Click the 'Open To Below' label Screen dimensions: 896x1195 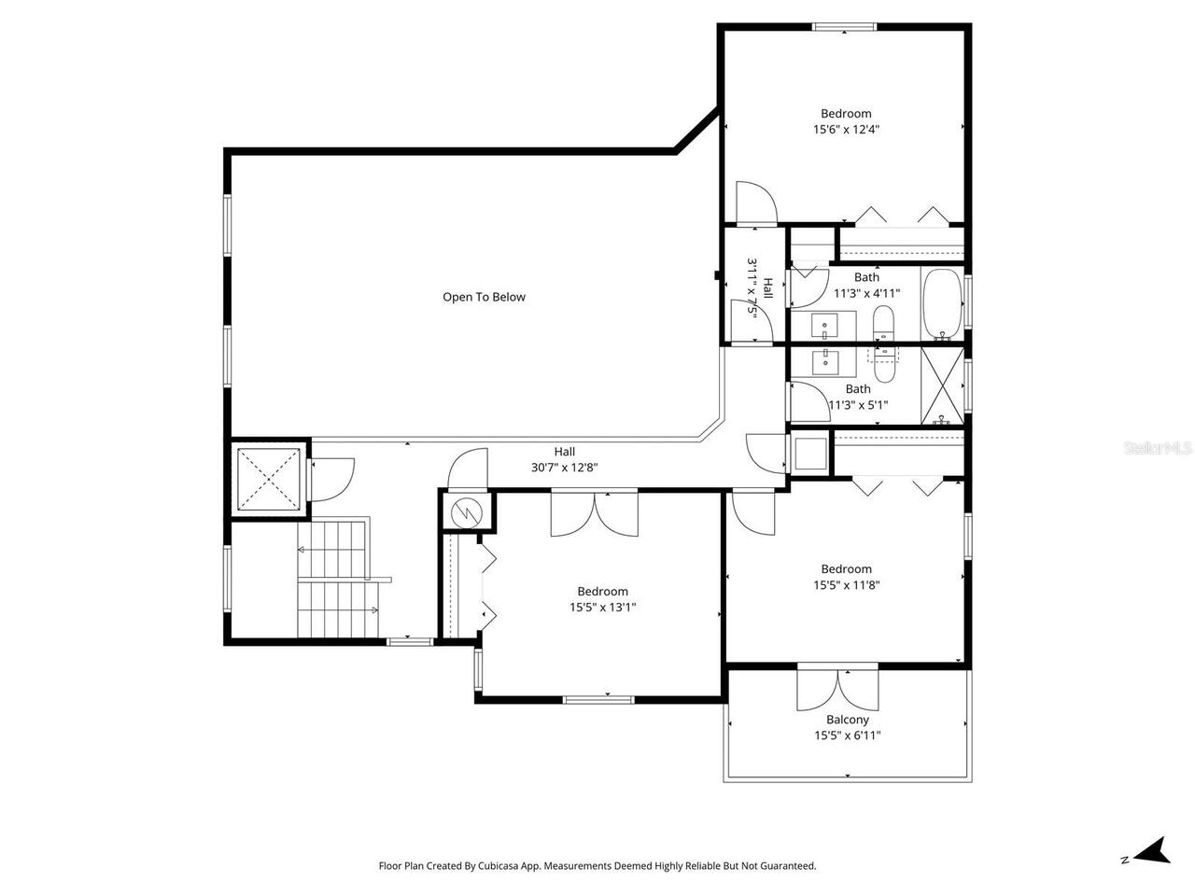pos(484,298)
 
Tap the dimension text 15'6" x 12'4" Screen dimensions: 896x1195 pos(846,131)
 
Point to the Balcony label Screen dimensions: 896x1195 pos(847,720)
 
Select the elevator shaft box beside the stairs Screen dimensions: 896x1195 pos(269,480)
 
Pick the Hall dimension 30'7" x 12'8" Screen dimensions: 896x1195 pos(564,468)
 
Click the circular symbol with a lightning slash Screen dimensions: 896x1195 pos(464,511)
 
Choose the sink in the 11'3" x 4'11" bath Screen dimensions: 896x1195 pos(824,328)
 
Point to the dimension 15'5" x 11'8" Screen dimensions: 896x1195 pos(846,585)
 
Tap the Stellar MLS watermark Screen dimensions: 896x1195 pos(1158,449)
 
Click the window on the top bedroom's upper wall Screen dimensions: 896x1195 pos(845,27)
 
